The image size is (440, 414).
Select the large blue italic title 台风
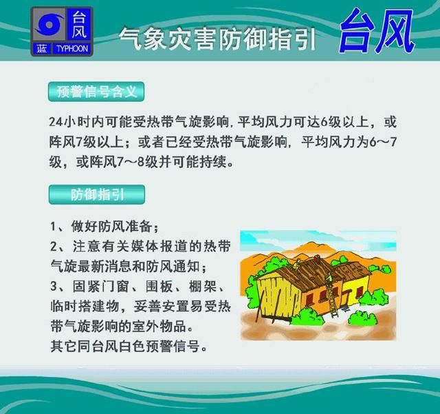[x=376, y=31]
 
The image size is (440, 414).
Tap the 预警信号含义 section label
[x=95, y=92]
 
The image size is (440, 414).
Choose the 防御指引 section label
[x=96, y=194]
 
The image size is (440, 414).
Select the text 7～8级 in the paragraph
[x=146, y=163]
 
